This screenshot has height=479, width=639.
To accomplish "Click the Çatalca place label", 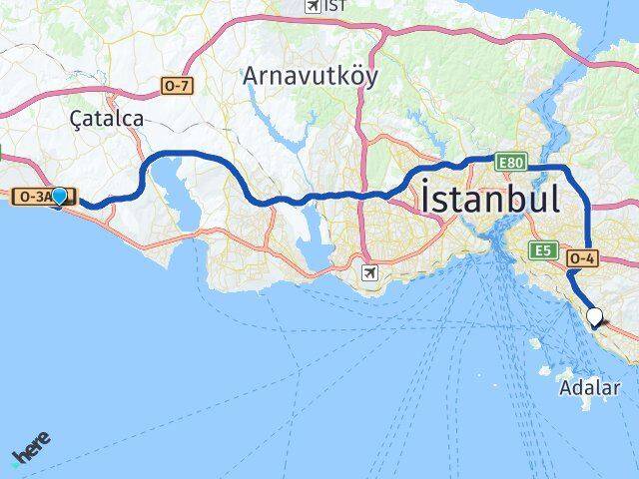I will tap(107, 118).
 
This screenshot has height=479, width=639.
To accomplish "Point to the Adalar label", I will tap(590, 387).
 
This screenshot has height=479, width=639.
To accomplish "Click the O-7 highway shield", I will tap(176, 86).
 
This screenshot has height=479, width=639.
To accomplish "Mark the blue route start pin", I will tap(60, 197).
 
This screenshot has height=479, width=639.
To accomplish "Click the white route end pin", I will tap(595, 318).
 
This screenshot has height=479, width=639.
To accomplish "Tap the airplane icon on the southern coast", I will tap(371, 271).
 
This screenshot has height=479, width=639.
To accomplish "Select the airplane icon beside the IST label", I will tap(313, 6).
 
